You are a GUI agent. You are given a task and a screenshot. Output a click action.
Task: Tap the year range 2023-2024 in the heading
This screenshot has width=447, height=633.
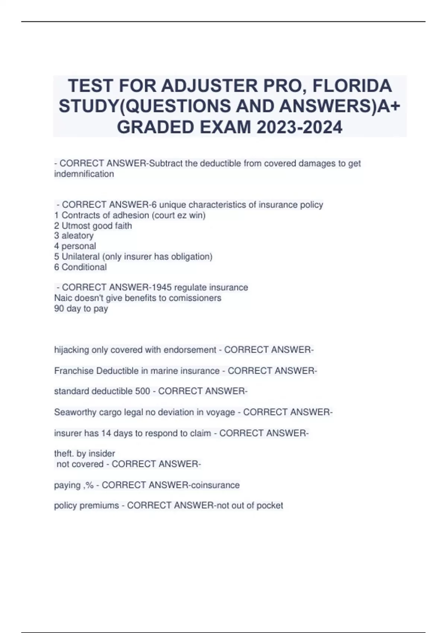coord(299,127)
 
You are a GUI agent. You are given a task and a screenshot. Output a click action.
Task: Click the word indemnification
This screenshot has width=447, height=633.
coord(84,174)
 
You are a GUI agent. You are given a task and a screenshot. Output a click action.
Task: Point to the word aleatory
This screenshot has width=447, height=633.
coord(77,236)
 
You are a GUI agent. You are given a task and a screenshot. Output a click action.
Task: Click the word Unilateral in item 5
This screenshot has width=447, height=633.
coord(80,257)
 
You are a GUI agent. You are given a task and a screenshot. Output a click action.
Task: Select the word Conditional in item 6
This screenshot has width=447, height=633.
coord(84,267)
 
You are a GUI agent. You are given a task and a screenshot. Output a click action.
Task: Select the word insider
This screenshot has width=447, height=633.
coord(102,454)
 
